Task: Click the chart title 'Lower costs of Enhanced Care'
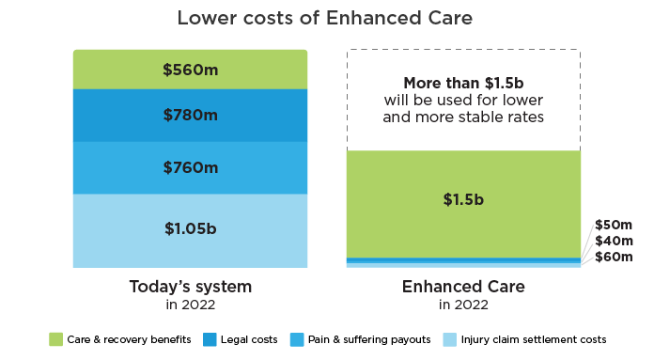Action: [324, 18]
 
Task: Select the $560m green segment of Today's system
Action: [190, 70]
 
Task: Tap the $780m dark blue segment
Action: [190, 116]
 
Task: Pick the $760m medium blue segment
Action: [190, 168]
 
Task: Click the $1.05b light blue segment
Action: [190, 230]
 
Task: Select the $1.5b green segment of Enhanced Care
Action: [463, 204]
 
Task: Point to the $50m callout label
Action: [614, 225]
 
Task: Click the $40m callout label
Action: [614, 241]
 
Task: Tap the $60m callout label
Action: [614, 257]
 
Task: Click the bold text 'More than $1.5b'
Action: [463, 83]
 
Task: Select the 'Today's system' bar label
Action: [190, 287]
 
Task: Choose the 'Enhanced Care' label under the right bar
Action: [463, 287]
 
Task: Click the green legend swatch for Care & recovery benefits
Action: [55, 339]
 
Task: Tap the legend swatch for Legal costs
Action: [210, 339]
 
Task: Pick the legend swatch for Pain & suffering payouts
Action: [297, 339]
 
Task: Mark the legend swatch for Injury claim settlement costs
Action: [449, 339]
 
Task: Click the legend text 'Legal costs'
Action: [249, 339]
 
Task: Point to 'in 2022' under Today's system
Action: [190, 305]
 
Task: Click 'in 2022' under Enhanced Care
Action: [463, 305]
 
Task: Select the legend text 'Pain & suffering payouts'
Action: [369, 339]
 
